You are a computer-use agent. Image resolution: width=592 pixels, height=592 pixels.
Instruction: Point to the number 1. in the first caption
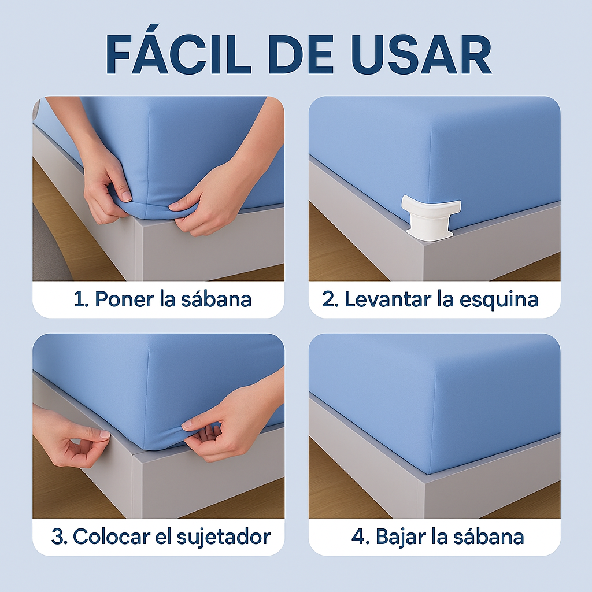coord(81,299)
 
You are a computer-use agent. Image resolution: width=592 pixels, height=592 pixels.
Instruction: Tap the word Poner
coord(121,299)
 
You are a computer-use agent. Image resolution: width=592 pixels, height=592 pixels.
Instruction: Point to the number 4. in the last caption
coord(360,536)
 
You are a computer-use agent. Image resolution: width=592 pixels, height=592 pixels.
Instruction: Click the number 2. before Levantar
coord(330,299)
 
